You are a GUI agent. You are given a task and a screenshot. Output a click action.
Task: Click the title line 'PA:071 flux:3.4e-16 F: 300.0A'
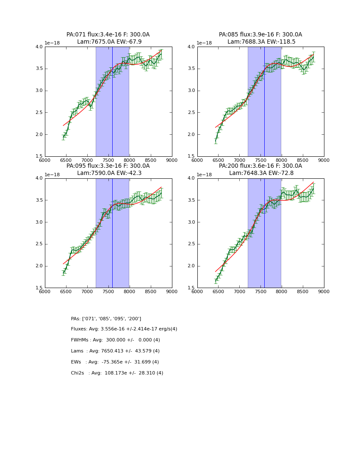108,35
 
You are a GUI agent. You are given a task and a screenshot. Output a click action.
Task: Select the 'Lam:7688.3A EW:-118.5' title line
260,42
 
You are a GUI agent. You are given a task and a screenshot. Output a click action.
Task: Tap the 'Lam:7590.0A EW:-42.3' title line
108,173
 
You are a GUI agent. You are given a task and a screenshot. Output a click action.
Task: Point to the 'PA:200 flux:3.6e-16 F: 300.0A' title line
260,166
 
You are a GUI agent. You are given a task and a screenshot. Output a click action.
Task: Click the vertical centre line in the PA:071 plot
112,102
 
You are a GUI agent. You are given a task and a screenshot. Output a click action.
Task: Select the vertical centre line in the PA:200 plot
264,233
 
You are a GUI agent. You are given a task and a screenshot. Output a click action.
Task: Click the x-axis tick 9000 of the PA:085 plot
324,160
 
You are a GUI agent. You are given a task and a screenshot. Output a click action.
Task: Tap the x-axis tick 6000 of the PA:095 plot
45,291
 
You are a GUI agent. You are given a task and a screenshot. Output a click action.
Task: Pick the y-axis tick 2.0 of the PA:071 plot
39,134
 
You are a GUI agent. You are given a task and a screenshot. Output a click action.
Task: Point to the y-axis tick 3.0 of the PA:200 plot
191,222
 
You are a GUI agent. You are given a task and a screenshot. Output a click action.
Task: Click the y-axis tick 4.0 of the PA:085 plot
191,47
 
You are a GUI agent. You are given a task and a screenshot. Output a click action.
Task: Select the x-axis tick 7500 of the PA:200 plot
260,291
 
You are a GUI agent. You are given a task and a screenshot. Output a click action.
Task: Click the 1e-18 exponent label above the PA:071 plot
53,43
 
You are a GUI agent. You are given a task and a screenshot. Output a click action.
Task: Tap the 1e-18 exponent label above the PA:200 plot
205,175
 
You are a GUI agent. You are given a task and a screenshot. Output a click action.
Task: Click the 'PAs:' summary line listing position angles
106,319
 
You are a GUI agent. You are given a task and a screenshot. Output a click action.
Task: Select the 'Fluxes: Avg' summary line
124,329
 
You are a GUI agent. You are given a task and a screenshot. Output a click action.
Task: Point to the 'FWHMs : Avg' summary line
115,340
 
